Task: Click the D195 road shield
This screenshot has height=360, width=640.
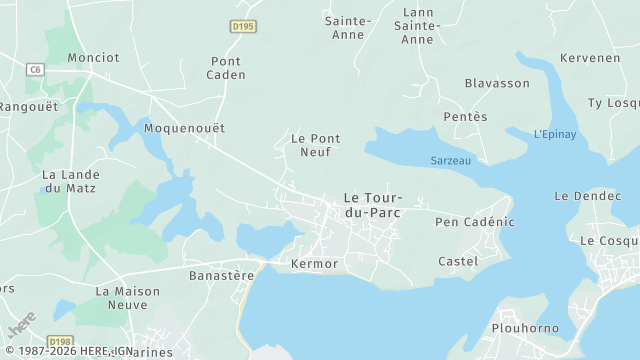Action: pos(241,27)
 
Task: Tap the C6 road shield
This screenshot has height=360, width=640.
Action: pos(36,69)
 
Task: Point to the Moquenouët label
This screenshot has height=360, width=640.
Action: pos(184,128)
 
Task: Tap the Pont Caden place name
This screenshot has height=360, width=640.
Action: pos(226,68)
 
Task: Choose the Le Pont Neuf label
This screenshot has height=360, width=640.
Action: pos(315,145)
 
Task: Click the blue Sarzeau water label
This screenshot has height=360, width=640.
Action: pos(451,160)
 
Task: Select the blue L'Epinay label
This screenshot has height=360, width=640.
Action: pos(555,134)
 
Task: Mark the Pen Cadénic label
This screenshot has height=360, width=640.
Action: pos(474,221)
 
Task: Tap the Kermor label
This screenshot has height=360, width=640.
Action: pos(314,264)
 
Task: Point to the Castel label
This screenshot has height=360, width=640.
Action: pos(458,261)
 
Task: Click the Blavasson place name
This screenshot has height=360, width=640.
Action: pos(497,83)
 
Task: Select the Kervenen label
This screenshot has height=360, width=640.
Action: pos(590,58)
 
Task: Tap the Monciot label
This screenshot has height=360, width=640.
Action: pos(93,57)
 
